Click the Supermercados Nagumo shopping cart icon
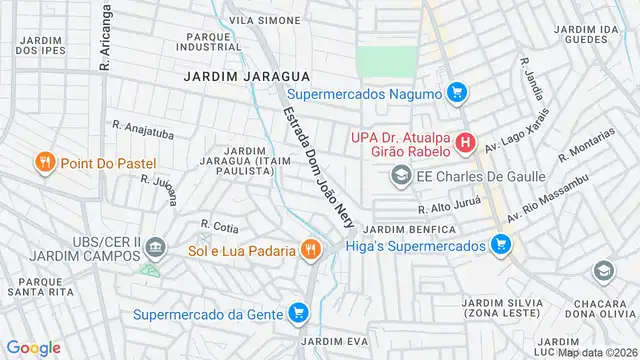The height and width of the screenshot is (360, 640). tap(457, 93)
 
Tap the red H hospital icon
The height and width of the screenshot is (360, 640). tap(464, 144)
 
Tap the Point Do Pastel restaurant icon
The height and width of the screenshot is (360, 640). tap(44, 162)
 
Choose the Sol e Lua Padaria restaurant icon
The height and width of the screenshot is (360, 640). tap(311, 250)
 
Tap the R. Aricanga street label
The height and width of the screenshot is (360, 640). tap(103, 38)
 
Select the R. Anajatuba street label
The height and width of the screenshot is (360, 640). tap(142, 127)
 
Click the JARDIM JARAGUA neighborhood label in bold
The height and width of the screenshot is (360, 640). tap(247, 76)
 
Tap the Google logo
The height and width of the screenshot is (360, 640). tap(34, 347)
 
